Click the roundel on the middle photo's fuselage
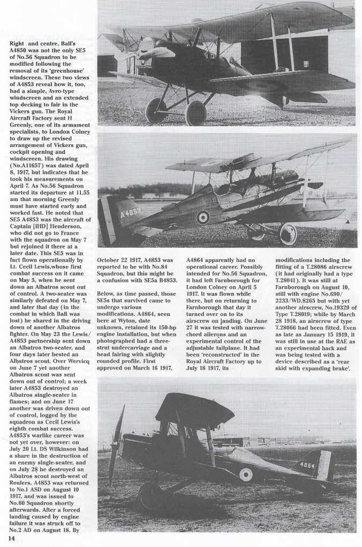point(202,217)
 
